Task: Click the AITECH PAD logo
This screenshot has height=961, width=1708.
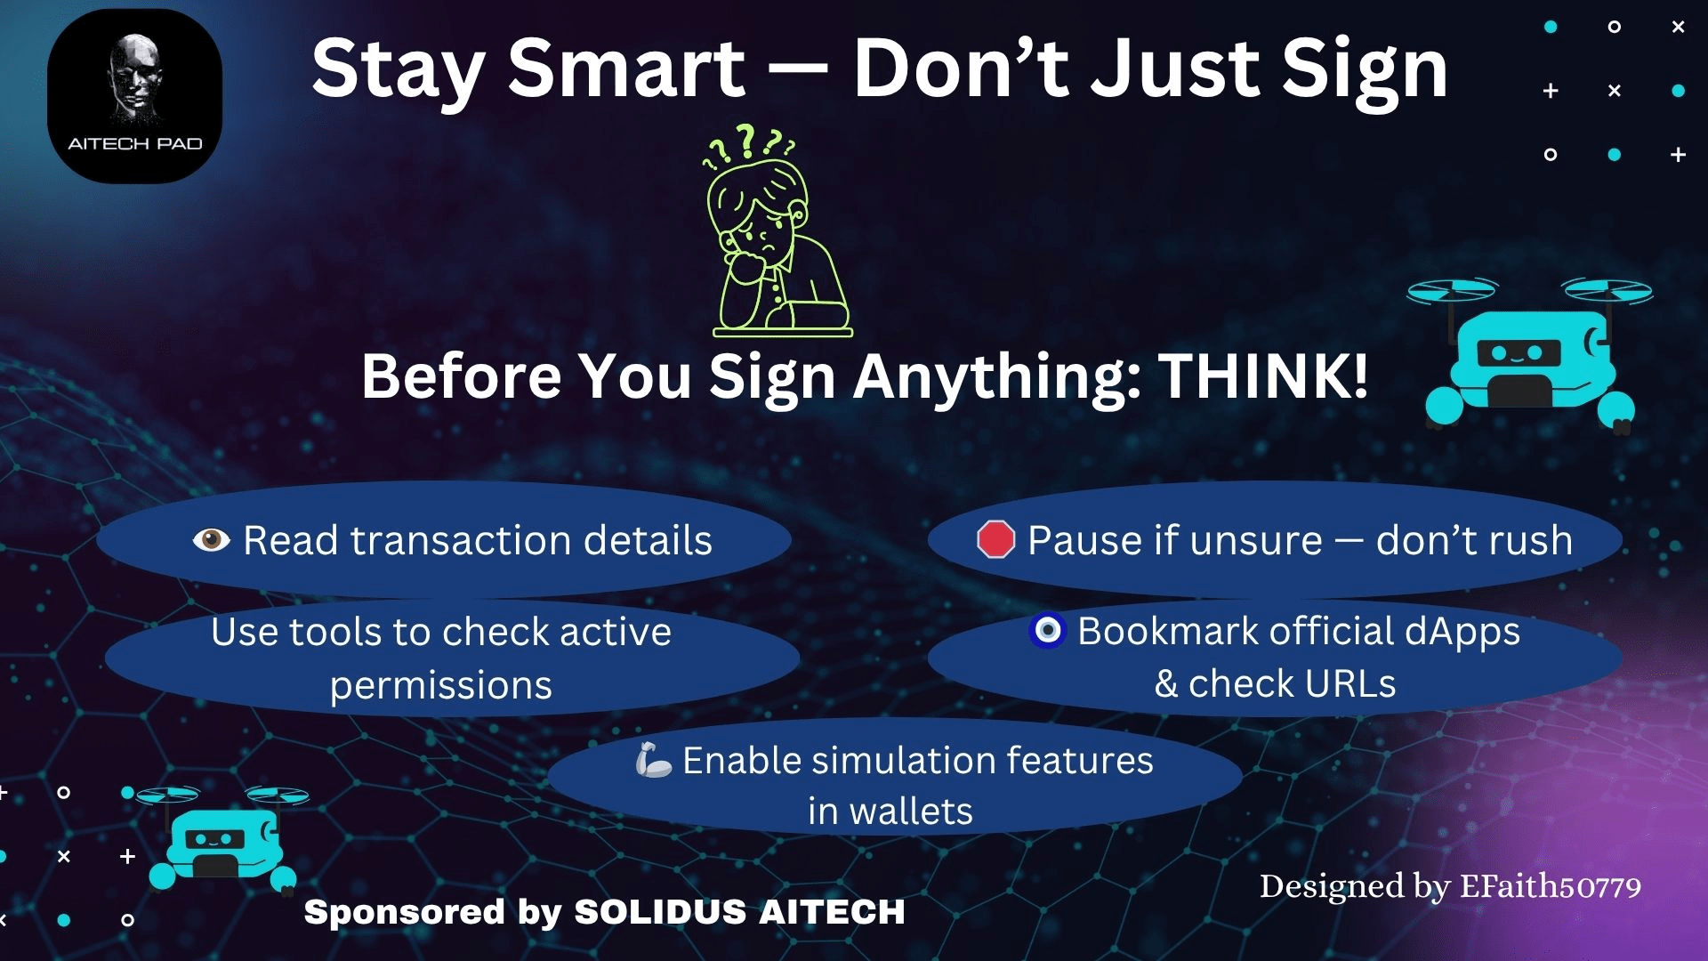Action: (x=134, y=96)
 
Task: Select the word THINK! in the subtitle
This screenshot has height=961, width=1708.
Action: (x=1262, y=376)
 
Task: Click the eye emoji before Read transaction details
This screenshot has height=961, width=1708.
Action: (x=211, y=539)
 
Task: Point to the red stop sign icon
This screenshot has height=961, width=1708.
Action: (x=995, y=539)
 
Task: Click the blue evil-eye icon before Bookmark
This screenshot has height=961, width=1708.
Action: (x=1047, y=630)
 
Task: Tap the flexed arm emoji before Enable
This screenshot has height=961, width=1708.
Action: (x=654, y=760)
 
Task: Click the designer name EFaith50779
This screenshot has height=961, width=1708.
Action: (x=1551, y=886)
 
